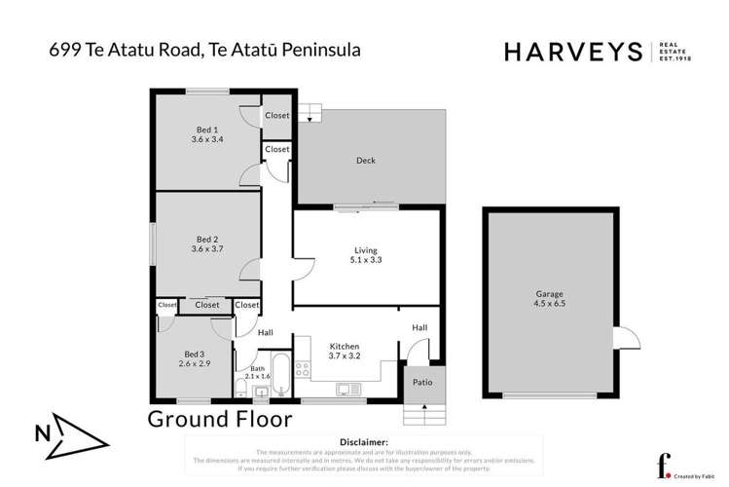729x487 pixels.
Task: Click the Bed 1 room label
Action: [206, 130]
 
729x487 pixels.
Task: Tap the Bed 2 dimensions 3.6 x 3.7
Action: [206, 249]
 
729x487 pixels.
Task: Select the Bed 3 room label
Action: [194, 354]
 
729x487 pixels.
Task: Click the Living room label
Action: [365, 250]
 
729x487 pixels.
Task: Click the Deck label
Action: [365, 161]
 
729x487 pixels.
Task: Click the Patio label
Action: [423, 382]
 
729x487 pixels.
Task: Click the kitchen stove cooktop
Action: [302, 368]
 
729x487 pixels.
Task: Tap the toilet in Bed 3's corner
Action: [239, 391]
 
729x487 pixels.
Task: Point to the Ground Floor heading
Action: [219, 419]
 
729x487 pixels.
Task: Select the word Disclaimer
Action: [361, 441]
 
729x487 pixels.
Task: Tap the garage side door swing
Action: [626, 338]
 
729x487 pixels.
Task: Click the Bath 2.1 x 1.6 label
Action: [257, 372]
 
